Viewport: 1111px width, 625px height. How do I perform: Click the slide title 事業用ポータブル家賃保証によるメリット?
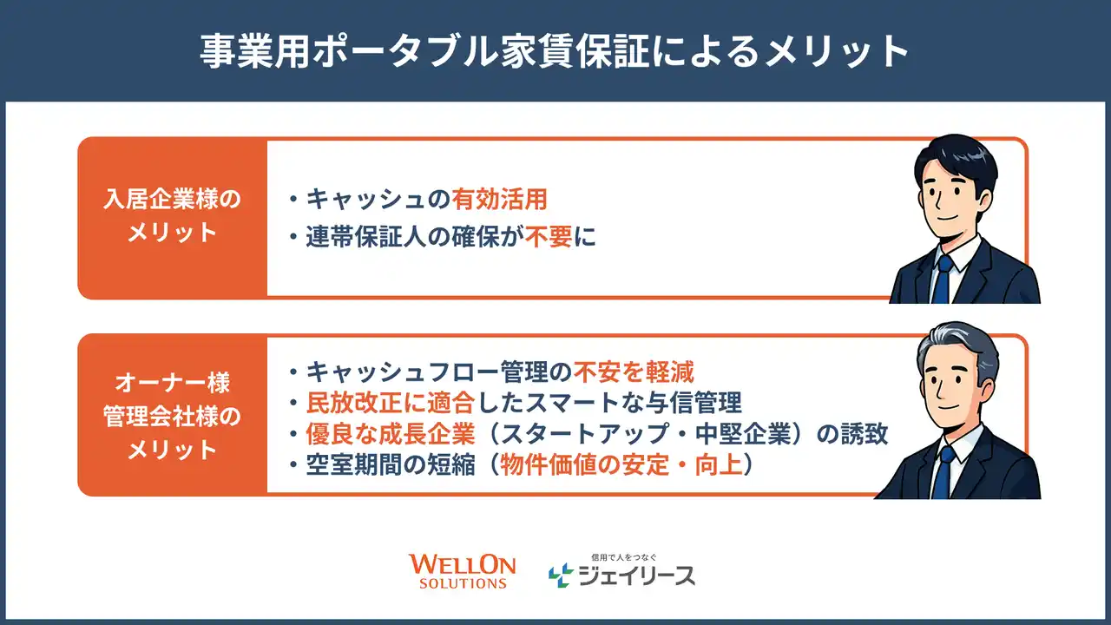[555, 51]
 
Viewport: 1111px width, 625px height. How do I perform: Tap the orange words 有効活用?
[499, 200]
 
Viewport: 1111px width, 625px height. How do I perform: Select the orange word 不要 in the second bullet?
[549, 237]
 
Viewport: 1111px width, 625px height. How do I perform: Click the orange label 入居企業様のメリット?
[172, 215]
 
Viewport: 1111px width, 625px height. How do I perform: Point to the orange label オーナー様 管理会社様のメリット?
[172, 417]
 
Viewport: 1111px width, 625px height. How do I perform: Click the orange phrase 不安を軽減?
[634, 372]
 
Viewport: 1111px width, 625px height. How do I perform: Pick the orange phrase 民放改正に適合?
[391, 403]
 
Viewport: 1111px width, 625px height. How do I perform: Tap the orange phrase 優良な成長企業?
[391, 434]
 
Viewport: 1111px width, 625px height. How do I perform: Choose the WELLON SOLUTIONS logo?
[463, 571]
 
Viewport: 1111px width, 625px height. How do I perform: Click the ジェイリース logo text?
[637, 576]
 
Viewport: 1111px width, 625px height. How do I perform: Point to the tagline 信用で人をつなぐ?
[624, 557]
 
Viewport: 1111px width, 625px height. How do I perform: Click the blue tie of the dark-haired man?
[942, 280]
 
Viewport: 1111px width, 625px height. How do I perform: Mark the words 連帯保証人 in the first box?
[365, 237]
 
